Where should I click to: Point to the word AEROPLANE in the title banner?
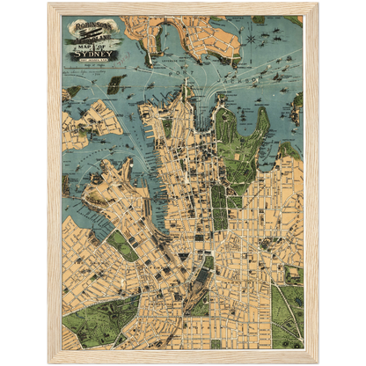(x=88, y=35)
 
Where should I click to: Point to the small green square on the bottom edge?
(x=216, y=343)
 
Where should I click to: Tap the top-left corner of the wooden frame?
(x=50, y=4)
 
